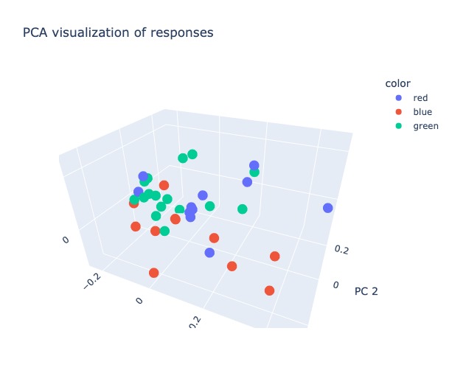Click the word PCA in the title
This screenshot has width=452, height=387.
(35, 32)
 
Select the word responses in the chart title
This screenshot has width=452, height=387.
(183, 32)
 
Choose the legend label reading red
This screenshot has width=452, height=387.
(420, 97)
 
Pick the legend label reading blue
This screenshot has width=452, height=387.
(422, 111)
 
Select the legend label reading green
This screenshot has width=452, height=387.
(425, 125)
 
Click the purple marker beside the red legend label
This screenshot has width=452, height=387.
(400, 97)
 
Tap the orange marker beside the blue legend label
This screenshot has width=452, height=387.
(400, 111)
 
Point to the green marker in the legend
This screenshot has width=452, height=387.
(400, 125)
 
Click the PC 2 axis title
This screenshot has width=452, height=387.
(366, 291)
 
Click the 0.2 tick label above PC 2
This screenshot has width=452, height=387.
(341, 251)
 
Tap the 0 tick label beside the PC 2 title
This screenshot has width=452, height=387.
(335, 285)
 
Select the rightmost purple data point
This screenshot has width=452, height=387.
(328, 208)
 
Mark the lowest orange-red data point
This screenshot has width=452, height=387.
(269, 290)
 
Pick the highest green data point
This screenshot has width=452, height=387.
(192, 154)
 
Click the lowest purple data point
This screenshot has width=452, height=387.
(209, 253)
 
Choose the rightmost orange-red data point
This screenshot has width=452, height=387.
(274, 257)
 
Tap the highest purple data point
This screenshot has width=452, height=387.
(254, 165)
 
